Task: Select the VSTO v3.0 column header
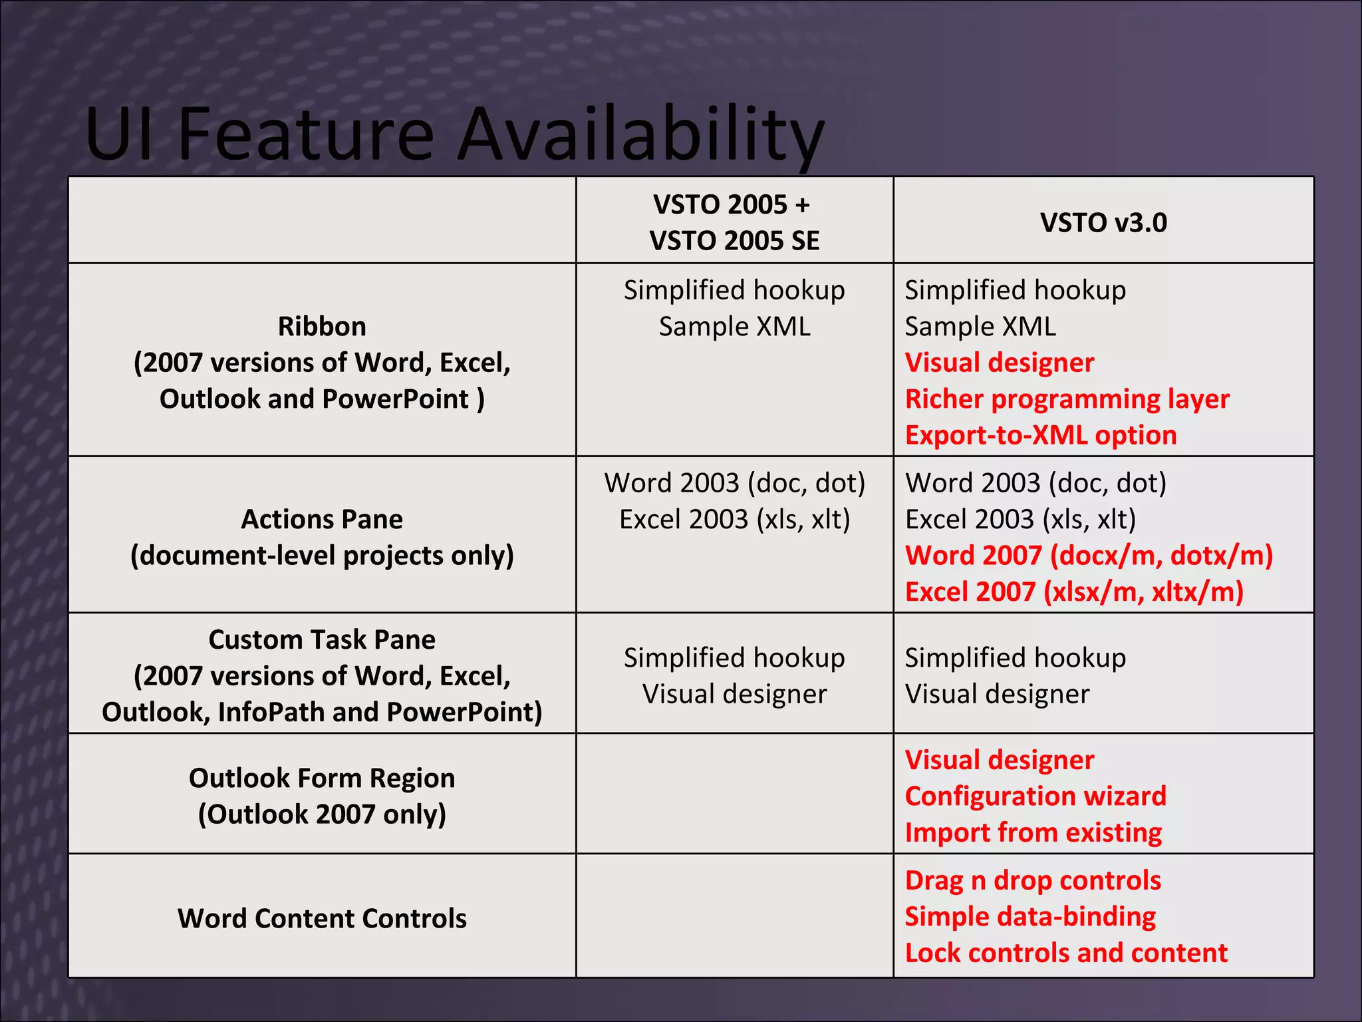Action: coord(1103,223)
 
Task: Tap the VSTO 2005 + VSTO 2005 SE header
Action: coord(734,222)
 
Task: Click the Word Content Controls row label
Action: coord(322,918)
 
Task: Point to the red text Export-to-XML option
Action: coord(1041,435)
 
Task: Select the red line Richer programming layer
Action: coord(1067,399)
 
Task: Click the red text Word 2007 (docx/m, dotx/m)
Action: coord(1089,556)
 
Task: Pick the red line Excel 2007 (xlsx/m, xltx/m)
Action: coord(1074,592)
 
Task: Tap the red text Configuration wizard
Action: coord(1035,796)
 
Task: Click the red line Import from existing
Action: coord(1033,832)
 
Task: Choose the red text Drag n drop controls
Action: coord(1033,880)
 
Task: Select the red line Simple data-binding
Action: coord(1030,916)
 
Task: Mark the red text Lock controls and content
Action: coord(1066,953)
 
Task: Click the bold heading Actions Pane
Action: coord(322,519)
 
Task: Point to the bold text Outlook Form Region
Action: coord(322,778)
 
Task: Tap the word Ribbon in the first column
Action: coord(322,327)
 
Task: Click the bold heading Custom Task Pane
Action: coord(322,639)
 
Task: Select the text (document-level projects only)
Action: coord(322,556)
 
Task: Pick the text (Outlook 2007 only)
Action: coord(322,814)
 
